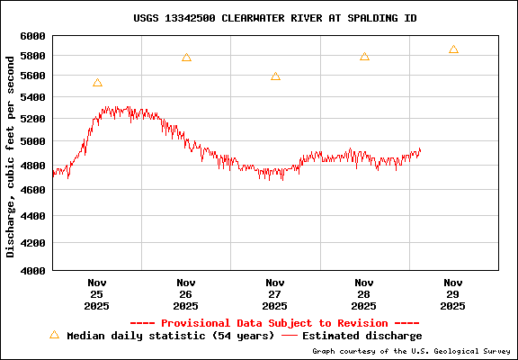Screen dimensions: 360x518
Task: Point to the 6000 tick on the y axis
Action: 32,36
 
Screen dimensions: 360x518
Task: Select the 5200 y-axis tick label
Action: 32,119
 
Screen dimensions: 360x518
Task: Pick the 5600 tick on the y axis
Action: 32,77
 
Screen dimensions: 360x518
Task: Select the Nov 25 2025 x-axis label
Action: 97,294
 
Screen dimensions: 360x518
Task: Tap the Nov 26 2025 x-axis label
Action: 186,294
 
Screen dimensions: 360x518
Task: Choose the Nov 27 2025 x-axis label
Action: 275,294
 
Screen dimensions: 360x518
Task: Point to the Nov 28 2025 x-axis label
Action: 364,294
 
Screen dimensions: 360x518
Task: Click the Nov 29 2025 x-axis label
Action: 453,294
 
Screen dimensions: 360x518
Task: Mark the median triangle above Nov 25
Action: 97,83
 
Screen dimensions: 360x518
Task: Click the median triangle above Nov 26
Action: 186,58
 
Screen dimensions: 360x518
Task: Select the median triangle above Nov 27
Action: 275,76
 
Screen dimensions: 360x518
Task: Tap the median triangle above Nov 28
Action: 364,57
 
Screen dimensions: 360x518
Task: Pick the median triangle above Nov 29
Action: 453,49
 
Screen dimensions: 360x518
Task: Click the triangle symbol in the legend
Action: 54,335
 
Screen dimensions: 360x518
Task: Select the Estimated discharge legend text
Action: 362,336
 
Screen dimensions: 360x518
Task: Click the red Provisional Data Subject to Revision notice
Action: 274,322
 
